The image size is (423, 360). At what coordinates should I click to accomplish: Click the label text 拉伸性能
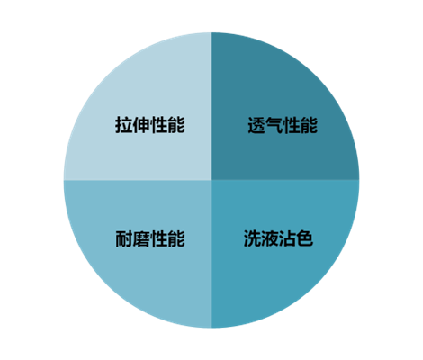coord(150,125)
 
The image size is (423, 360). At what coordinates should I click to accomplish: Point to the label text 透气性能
coord(283,125)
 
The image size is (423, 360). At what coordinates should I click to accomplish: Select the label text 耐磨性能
coord(150,238)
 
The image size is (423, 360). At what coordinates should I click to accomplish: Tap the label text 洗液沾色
coord(278,238)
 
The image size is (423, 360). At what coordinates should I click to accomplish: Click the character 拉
coord(124,125)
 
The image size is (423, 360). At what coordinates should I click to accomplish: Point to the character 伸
coord(141,125)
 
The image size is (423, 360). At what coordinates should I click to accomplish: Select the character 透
coord(256,125)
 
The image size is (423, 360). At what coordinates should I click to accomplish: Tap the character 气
coord(274,125)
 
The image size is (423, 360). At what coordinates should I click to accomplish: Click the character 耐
coord(124,238)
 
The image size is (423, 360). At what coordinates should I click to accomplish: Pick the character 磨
coord(141,238)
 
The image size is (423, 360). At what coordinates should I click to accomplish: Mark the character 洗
coord(252,238)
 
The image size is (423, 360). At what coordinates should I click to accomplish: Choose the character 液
coord(270,238)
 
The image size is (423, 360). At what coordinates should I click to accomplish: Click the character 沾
coord(287,238)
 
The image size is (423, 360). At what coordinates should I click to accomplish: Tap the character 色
coord(305,238)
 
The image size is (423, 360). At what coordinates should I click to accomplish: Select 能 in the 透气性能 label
coord(309,125)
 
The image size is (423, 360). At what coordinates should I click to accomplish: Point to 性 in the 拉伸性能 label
coord(158,125)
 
